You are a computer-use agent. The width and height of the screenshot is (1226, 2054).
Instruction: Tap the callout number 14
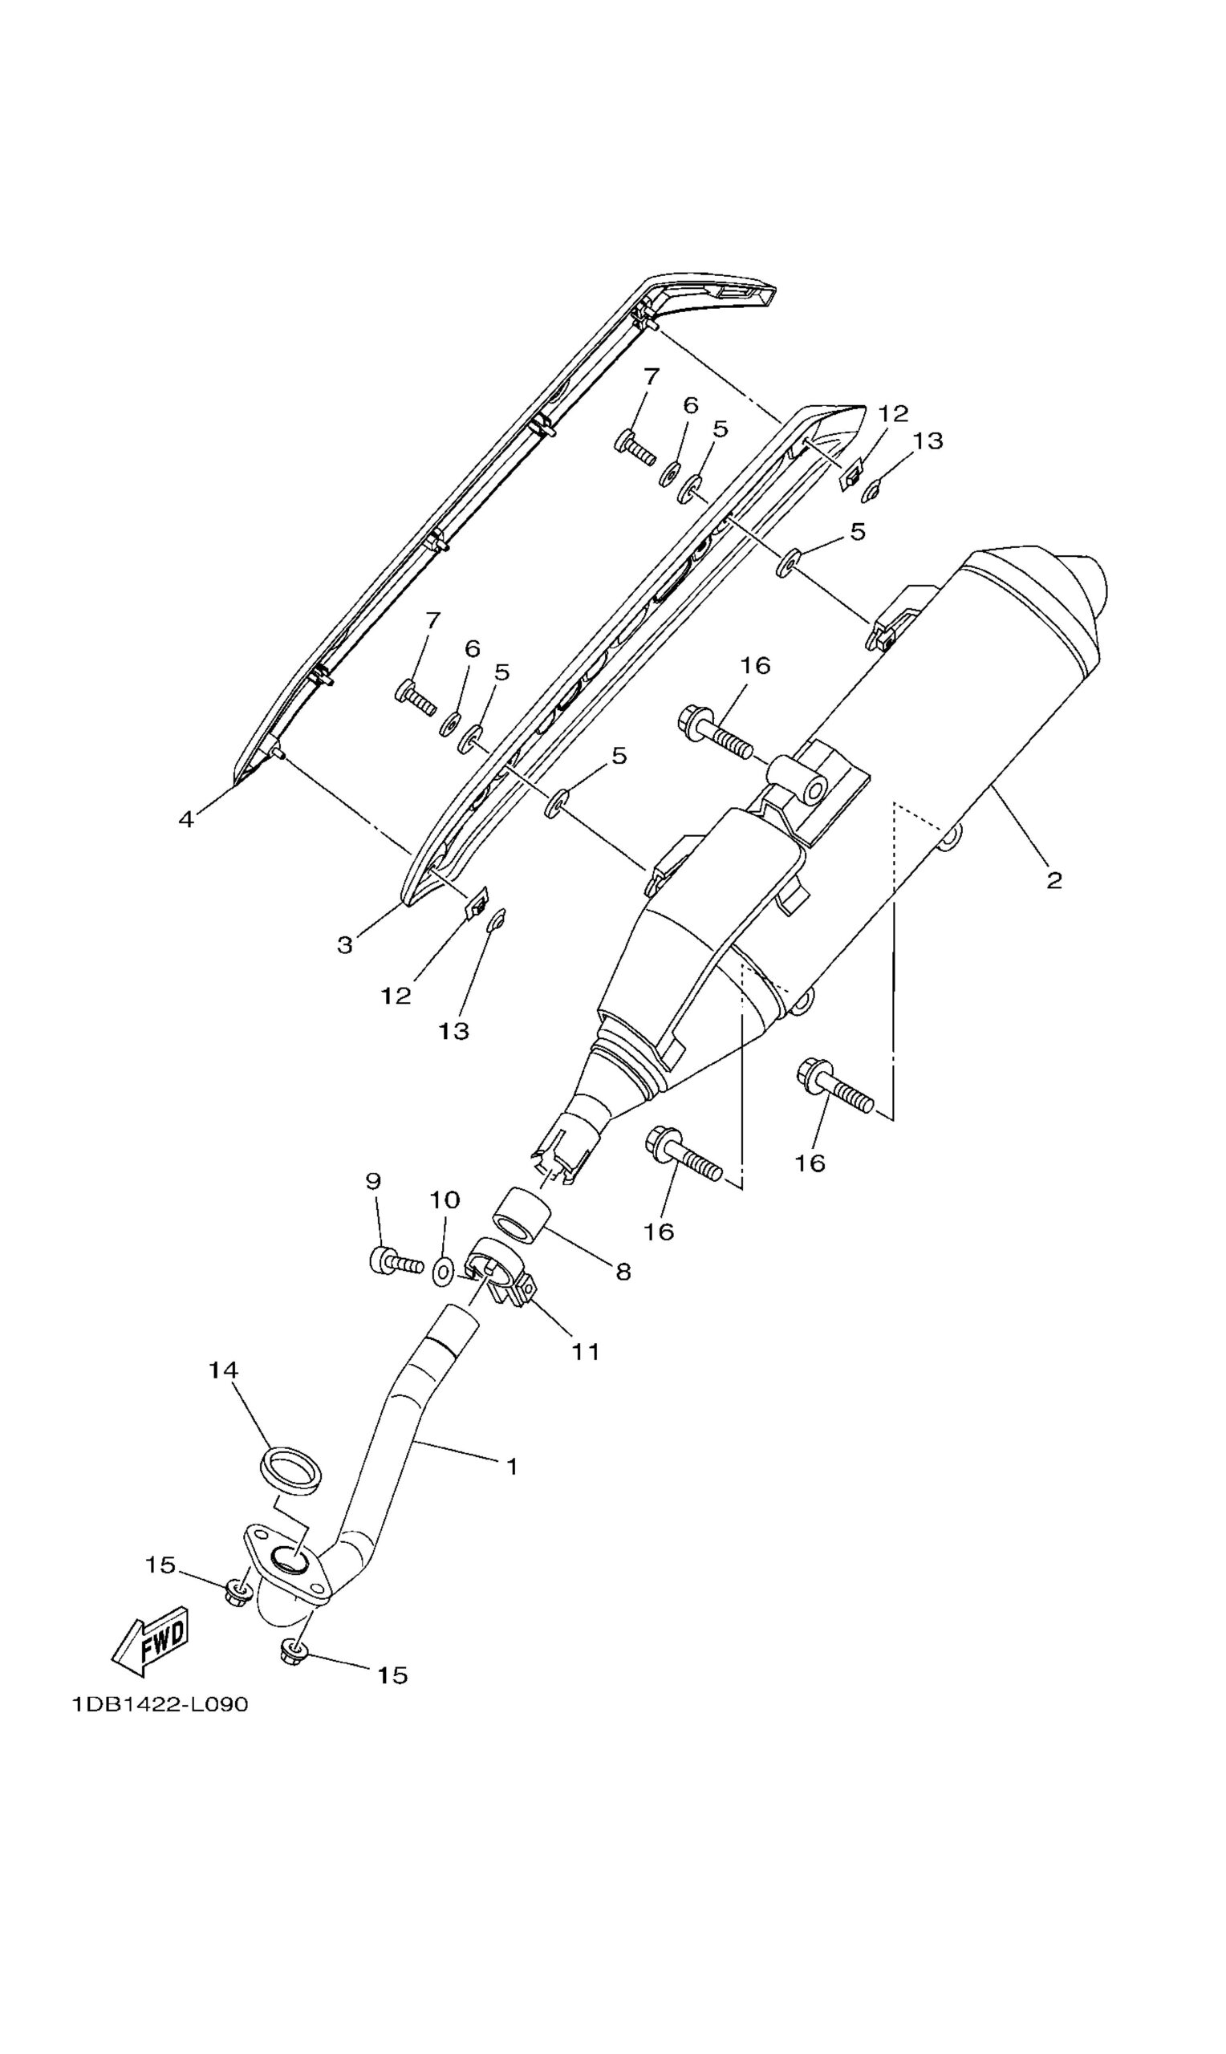click(x=223, y=1370)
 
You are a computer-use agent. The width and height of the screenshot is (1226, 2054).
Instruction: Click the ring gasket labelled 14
click(x=290, y=1471)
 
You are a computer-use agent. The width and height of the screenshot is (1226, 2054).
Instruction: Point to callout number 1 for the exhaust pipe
click(x=512, y=1467)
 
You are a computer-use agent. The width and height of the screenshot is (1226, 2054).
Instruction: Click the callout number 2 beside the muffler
click(x=1054, y=880)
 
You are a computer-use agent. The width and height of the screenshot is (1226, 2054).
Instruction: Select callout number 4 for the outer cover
click(x=187, y=819)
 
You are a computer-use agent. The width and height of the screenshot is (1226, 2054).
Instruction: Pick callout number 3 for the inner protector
click(x=345, y=946)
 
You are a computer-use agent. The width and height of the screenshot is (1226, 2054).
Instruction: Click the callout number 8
click(x=623, y=1272)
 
